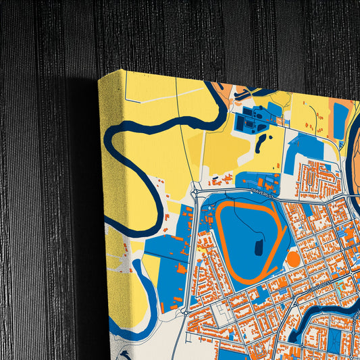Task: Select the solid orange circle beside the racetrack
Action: [293, 258]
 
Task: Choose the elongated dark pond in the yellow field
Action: [261, 141]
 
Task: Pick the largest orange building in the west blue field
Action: [181, 269]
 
